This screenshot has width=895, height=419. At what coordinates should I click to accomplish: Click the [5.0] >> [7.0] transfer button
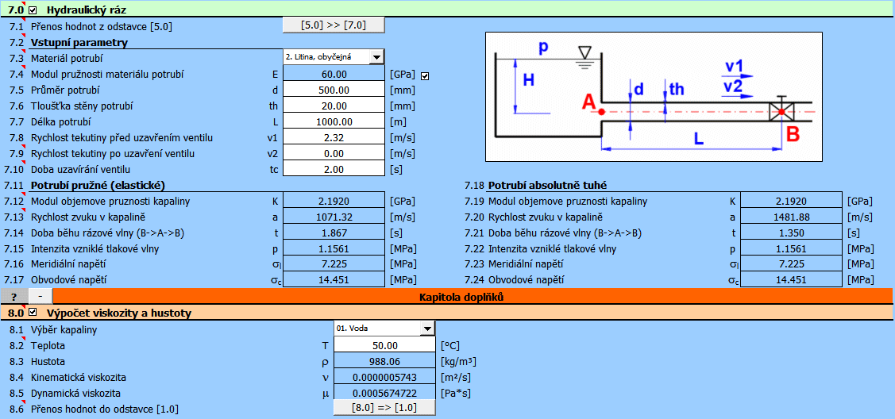(x=334, y=25)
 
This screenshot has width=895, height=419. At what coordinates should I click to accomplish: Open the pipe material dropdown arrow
(x=376, y=57)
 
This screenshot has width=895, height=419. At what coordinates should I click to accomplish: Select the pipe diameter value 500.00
(x=334, y=90)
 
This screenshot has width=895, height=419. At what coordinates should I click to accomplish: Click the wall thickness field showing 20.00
(x=334, y=106)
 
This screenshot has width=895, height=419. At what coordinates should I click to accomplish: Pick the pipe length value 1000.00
(x=334, y=121)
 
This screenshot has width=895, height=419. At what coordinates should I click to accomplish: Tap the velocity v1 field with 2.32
(x=334, y=137)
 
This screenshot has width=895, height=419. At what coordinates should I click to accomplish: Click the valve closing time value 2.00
(x=334, y=169)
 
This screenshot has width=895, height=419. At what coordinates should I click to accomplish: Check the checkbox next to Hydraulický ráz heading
(x=33, y=10)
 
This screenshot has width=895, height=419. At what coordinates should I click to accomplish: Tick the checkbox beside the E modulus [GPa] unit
(x=425, y=75)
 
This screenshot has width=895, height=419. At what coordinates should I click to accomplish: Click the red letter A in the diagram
(x=588, y=102)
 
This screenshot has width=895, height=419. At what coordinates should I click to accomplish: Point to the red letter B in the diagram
(x=792, y=135)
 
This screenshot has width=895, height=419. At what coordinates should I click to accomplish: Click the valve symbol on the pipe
(x=781, y=111)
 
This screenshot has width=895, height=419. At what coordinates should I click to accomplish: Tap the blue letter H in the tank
(x=528, y=79)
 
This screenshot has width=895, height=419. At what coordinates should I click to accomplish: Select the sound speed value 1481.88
(x=791, y=217)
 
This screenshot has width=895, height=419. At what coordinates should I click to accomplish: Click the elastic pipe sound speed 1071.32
(x=334, y=217)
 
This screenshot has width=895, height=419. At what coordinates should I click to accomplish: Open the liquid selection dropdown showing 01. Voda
(x=426, y=329)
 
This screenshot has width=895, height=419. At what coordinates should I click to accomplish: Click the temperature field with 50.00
(x=385, y=345)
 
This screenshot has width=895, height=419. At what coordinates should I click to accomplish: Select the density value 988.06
(x=385, y=361)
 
